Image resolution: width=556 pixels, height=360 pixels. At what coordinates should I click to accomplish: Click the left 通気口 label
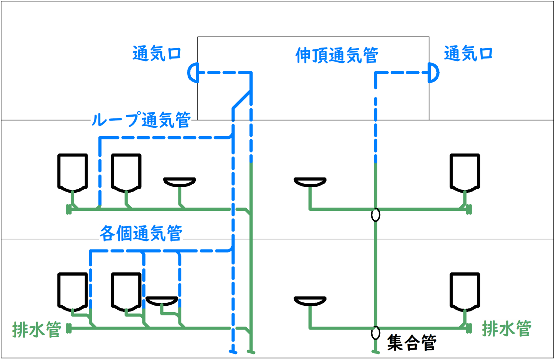(x=157, y=55)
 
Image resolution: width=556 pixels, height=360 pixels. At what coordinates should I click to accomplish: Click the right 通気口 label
(x=469, y=55)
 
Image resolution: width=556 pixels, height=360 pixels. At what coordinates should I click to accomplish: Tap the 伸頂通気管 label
(x=337, y=56)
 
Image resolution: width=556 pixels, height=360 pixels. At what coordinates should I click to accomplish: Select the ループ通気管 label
(x=141, y=121)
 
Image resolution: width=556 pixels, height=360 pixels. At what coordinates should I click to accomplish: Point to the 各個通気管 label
(x=141, y=234)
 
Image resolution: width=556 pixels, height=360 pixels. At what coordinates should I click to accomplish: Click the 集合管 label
(x=412, y=343)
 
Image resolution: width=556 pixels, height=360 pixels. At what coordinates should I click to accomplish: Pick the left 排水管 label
(x=37, y=330)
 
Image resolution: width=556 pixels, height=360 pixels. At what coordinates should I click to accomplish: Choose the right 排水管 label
(x=506, y=329)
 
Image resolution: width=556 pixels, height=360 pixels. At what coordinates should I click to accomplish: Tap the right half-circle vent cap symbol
(x=433, y=73)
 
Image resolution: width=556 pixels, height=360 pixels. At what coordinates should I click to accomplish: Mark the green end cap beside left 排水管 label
(x=68, y=328)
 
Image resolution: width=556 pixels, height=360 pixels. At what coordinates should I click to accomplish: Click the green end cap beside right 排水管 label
(x=469, y=328)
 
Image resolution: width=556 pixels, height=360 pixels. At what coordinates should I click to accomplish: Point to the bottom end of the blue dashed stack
(x=233, y=351)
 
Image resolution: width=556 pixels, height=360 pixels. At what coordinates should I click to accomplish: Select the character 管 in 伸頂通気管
(x=370, y=56)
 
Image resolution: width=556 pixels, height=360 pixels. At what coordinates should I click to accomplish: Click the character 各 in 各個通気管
(x=108, y=234)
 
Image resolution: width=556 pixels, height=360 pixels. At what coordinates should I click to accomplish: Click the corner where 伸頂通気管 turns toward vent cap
(x=376, y=73)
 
